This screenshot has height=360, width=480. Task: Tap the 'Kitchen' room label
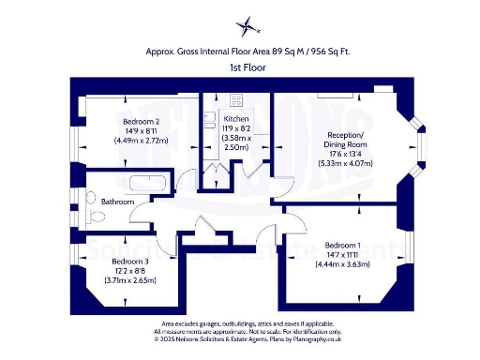[236, 119]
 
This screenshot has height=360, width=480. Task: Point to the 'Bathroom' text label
[118, 202]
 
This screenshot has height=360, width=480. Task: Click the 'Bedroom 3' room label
[130, 262]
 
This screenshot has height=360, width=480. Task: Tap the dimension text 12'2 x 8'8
[130, 271]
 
